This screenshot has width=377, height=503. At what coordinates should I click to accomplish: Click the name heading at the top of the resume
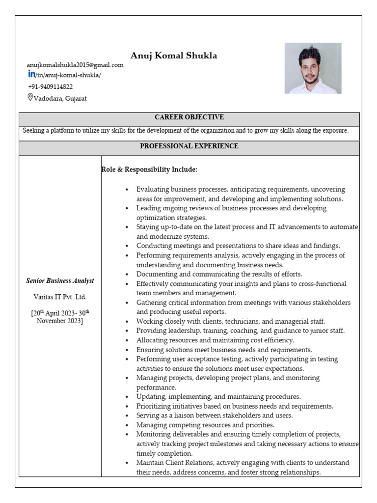coord(174,56)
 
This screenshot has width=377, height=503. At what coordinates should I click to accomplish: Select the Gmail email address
coord(75,65)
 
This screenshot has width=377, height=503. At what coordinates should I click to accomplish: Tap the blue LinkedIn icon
coord(31,74)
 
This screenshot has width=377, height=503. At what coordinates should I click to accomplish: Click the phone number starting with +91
coord(51,86)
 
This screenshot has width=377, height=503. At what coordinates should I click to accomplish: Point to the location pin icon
coord(30,97)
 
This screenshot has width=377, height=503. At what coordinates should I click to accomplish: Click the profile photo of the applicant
coord(313,68)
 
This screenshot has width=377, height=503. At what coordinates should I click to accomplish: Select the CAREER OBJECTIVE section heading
coord(189,117)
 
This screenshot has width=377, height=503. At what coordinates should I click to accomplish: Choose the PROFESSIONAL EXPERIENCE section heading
coord(189,146)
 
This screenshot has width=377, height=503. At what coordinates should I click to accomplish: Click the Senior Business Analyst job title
coord(60,281)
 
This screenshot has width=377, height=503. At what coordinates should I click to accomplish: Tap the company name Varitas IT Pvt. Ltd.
coord(60,297)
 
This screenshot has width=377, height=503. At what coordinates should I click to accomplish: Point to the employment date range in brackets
coord(60,317)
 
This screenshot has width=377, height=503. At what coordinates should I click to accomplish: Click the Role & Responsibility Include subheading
coord(149,169)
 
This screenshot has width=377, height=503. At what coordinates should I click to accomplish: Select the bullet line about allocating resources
coord(215,340)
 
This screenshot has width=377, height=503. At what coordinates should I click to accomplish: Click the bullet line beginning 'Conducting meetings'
coord(238,246)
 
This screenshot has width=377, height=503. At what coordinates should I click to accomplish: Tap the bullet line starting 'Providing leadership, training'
coord(241,331)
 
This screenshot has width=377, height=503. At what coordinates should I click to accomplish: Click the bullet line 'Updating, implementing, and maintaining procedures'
coord(218,396)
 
